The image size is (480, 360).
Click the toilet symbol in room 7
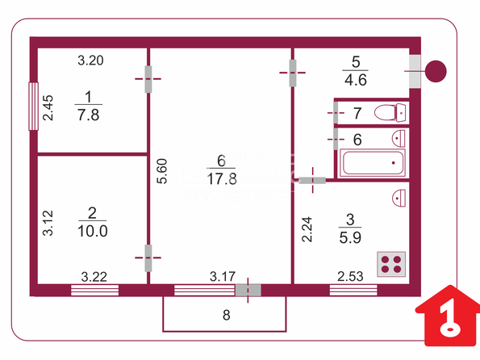point(390,112)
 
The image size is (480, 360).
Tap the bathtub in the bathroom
point(373,163)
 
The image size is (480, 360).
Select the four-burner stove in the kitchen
point(391,264)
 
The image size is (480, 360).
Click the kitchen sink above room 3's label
point(399,198)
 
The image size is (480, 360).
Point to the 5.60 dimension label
point(162,171)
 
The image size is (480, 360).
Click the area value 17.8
point(222,179)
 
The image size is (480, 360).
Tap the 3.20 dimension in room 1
point(90,61)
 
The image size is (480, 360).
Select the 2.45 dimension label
point(48,108)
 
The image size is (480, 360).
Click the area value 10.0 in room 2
point(93,231)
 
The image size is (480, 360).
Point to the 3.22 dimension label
point(94,277)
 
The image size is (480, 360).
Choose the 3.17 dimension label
point(223,277)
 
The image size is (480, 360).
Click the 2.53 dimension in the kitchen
point(350,276)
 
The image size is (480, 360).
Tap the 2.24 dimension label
point(307,229)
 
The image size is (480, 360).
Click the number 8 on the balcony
point(226,315)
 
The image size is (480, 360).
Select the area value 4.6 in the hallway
point(356,80)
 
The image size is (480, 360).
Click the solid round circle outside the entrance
point(436,71)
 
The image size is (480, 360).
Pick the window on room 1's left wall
point(33,107)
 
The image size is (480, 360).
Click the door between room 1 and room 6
point(148,79)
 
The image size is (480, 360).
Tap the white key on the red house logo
point(449,320)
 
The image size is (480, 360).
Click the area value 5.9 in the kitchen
point(350,237)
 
